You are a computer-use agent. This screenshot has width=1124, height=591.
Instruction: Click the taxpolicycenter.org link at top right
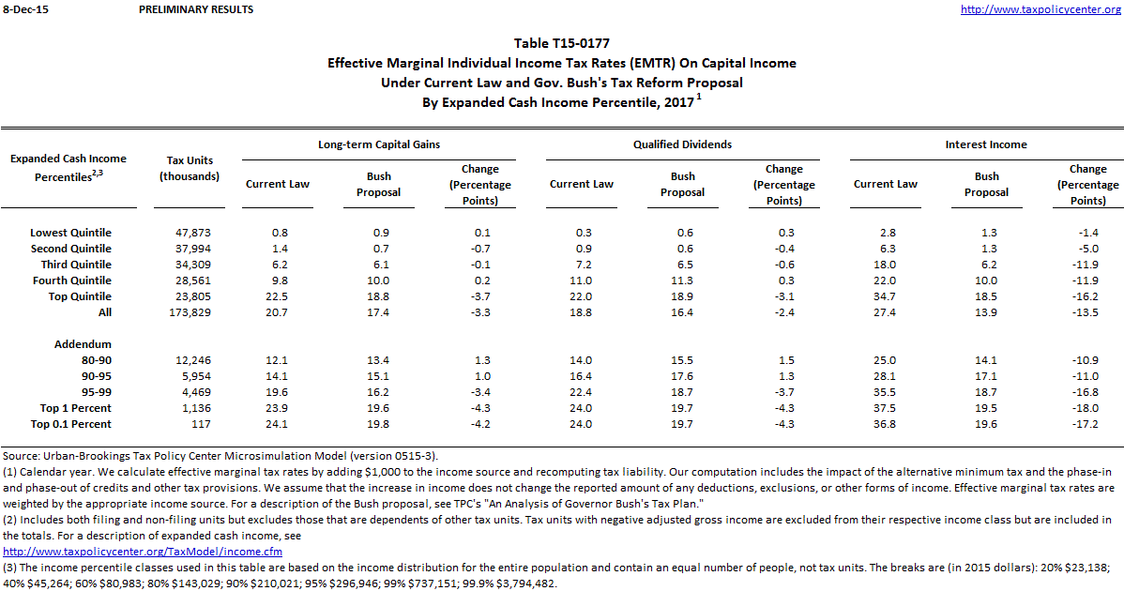click(x=1040, y=9)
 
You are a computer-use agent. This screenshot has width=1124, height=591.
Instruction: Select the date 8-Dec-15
click(x=23, y=9)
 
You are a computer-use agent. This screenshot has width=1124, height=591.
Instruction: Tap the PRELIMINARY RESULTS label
click(x=195, y=9)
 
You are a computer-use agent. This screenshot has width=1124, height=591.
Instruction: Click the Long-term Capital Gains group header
click(x=379, y=144)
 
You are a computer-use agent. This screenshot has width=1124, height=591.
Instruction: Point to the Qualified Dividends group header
click(x=682, y=144)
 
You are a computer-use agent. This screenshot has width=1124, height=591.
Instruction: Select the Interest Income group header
click(x=986, y=144)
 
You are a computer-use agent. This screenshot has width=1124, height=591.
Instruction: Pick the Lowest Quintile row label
click(x=70, y=233)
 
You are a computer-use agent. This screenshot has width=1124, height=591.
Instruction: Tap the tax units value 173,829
click(x=190, y=312)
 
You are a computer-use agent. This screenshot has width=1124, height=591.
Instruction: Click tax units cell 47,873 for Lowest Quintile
click(x=190, y=233)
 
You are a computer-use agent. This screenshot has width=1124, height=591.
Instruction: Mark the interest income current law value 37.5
click(x=885, y=408)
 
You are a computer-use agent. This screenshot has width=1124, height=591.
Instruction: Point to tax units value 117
click(x=190, y=424)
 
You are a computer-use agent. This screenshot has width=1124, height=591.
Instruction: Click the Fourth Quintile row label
click(x=72, y=280)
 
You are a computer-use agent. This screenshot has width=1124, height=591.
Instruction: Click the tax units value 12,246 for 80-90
click(x=190, y=360)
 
